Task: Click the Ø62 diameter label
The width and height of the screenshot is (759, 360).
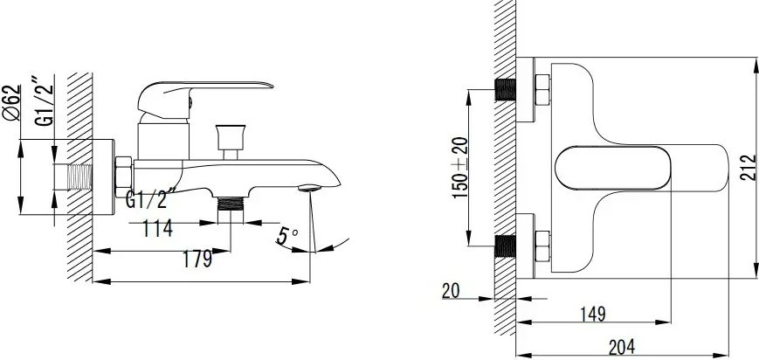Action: (12, 103)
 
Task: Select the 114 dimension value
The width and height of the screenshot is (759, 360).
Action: (158, 228)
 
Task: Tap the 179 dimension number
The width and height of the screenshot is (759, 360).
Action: (197, 260)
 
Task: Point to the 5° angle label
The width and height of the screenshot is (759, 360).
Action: (286, 235)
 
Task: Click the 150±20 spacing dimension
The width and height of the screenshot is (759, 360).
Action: (461, 168)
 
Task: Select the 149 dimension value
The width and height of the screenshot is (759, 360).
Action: (593, 314)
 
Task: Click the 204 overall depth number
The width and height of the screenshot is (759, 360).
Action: (622, 347)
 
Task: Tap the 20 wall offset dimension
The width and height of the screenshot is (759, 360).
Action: (452, 291)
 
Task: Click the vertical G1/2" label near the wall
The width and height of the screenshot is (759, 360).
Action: (45, 100)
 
